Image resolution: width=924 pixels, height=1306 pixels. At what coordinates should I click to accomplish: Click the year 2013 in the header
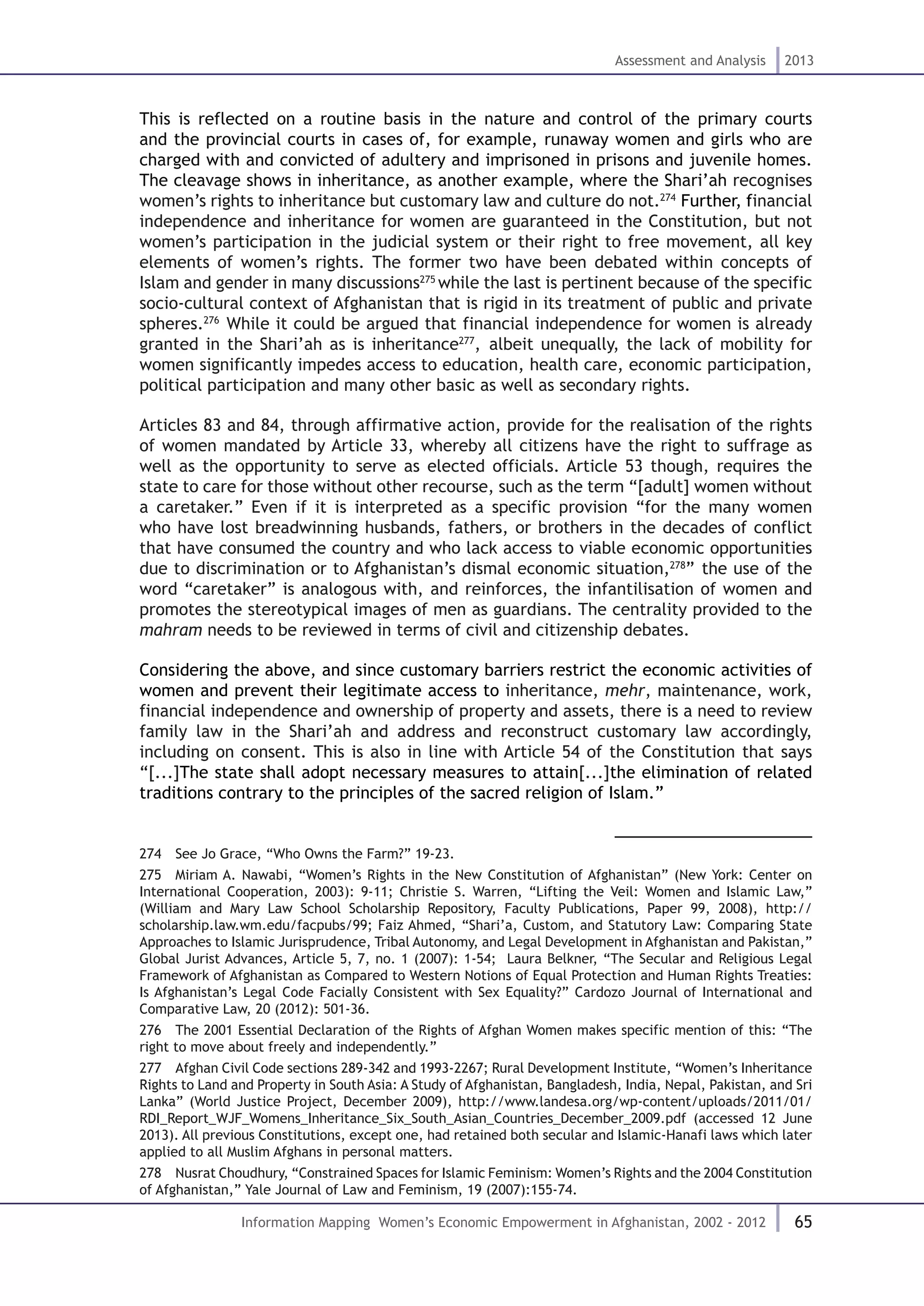799,61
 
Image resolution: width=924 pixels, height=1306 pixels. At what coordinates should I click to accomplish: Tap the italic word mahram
171,630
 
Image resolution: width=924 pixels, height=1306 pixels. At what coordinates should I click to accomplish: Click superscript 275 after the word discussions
428,279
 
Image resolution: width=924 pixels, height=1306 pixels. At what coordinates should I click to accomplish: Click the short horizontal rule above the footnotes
712,837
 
